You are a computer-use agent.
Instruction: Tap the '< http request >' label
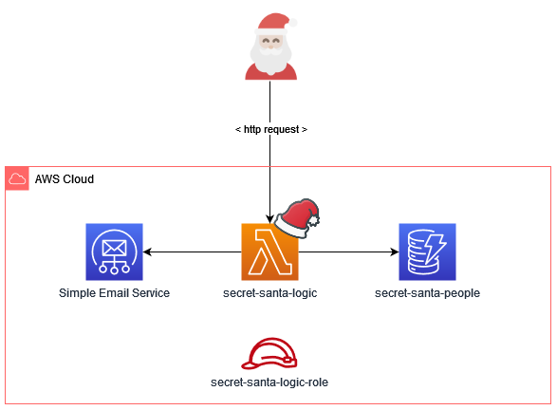point(270,129)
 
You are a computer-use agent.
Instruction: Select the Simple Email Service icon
point(114,252)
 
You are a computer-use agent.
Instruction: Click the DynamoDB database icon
point(427,252)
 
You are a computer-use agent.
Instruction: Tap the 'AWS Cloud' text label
point(65,179)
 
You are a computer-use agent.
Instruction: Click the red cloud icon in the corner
point(17,178)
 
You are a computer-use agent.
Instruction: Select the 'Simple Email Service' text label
point(114,293)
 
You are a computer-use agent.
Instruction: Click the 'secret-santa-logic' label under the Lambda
point(269,293)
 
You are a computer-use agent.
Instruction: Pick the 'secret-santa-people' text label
point(427,293)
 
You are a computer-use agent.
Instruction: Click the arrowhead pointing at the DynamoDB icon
point(392,252)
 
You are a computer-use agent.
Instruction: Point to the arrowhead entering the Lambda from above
point(270,217)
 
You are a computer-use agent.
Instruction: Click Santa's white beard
point(270,60)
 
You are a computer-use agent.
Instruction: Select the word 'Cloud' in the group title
point(78,179)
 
